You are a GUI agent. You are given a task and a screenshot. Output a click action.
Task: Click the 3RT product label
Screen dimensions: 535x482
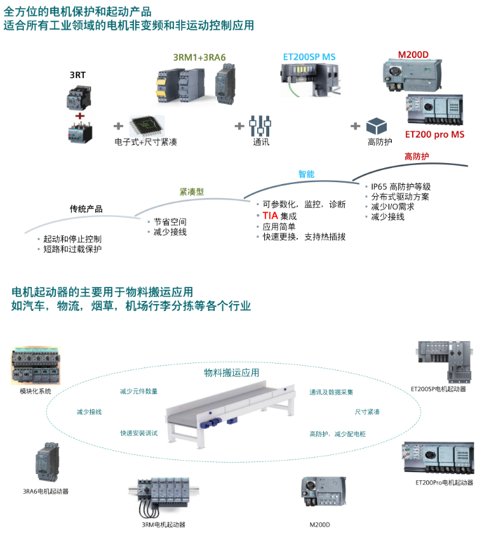coord(77,75)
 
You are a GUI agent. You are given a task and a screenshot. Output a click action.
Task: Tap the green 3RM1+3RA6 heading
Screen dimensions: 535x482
coord(199,57)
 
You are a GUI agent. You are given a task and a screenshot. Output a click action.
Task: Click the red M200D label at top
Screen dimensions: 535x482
coord(413,55)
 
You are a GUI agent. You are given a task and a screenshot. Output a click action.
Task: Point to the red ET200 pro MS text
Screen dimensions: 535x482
coord(434,135)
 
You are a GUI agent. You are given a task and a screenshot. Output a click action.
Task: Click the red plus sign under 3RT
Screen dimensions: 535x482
coord(79,116)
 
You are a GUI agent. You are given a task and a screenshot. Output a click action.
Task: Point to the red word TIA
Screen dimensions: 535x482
coord(270,216)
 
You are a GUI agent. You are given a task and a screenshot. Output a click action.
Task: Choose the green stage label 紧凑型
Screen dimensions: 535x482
coord(191,191)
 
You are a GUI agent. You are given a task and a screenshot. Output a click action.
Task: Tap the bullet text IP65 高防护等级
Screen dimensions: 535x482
coord(401,187)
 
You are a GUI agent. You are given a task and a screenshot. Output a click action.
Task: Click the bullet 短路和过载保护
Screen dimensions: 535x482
coord(72,249)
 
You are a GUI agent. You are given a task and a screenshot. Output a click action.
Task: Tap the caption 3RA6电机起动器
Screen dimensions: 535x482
coord(46,491)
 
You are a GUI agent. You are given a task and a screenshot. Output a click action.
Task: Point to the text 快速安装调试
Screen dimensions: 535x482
coord(139,433)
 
